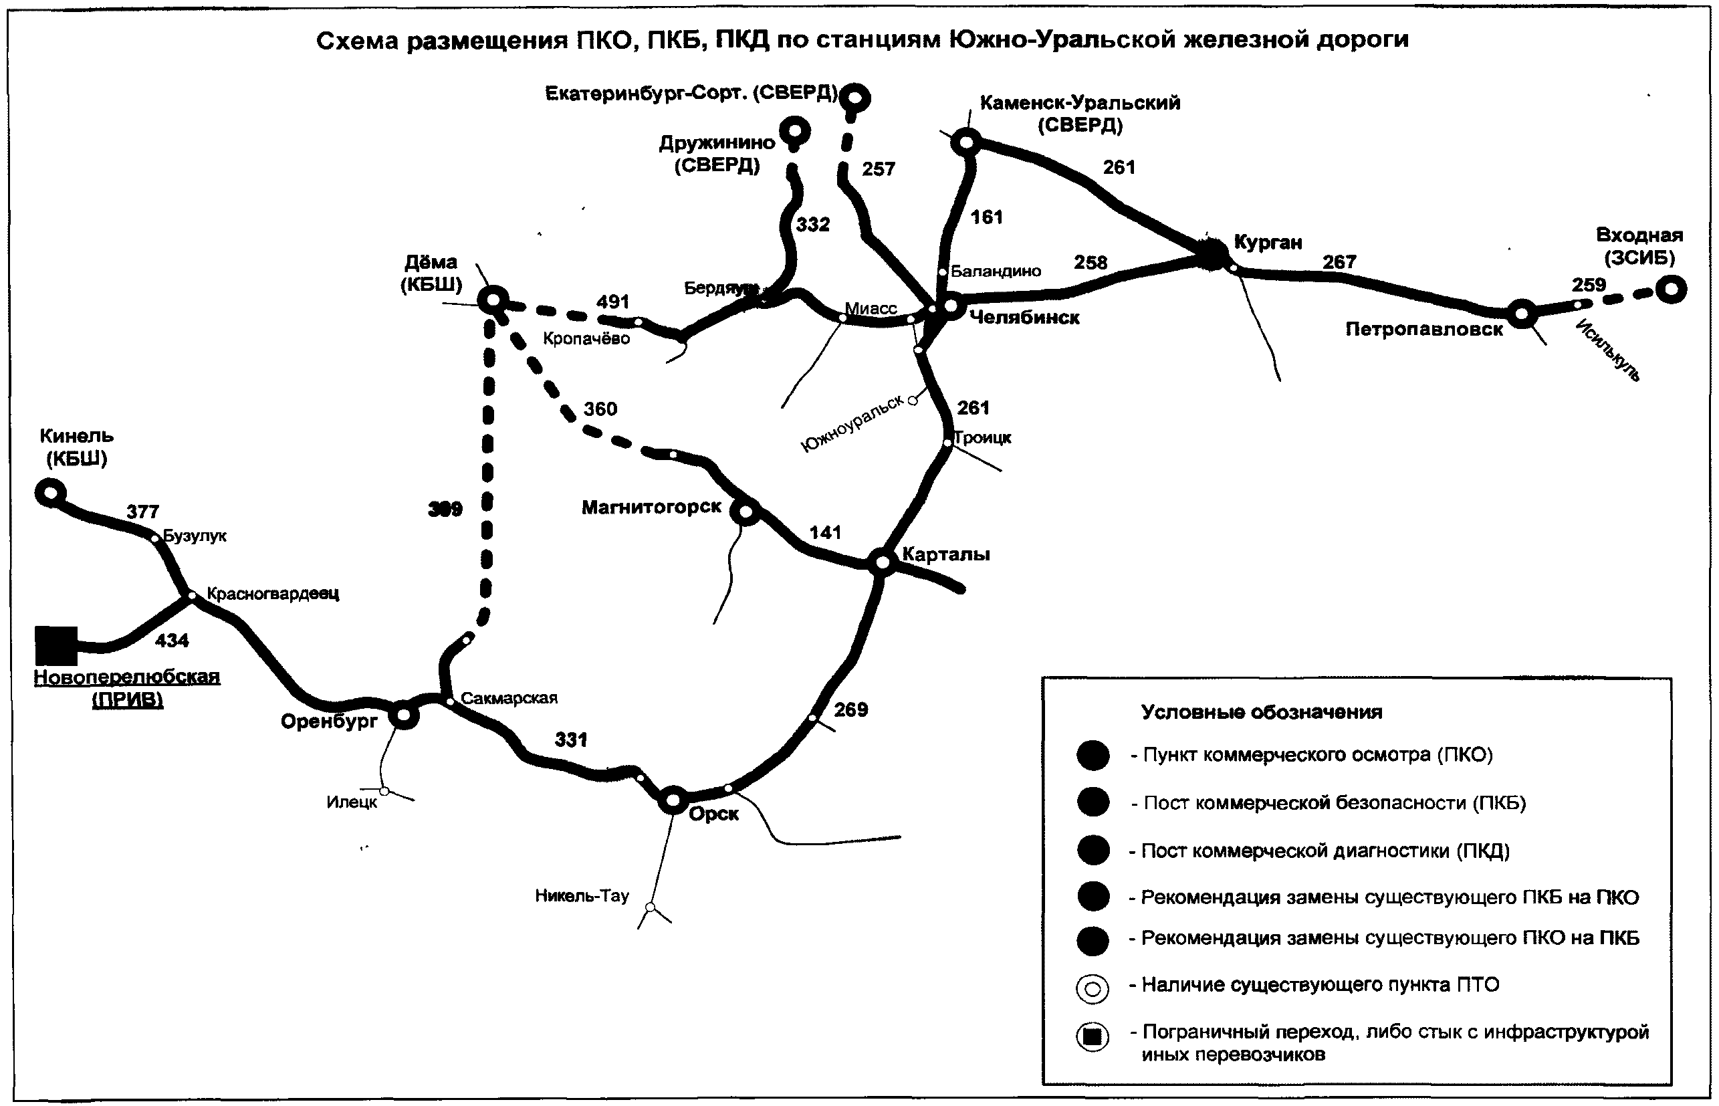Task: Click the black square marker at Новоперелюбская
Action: click(56, 646)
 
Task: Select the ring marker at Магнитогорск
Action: click(745, 512)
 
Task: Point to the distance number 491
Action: click(612, 302)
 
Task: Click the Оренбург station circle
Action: click(404, 715)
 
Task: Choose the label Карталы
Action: click(945, 554)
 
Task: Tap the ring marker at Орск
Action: click(673, 799)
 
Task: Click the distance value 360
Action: click(600, 409)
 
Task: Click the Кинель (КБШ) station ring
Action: click(50, 493)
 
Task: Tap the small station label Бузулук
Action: click(195, 536)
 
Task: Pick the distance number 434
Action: click(172, 640)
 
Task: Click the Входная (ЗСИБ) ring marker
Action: click(1671, 290)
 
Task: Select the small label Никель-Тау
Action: click(582, 895)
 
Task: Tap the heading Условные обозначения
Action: click(1262, 711)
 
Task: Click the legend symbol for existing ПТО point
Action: click(1092, 989)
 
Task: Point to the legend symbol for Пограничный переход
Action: click(1092, 1037)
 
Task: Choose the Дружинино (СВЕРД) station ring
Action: click(795, 132)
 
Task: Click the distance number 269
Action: click(851, 709)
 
